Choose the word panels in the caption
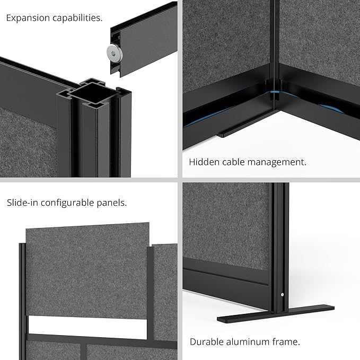pos(117,203)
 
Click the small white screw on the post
pos(282,295)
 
